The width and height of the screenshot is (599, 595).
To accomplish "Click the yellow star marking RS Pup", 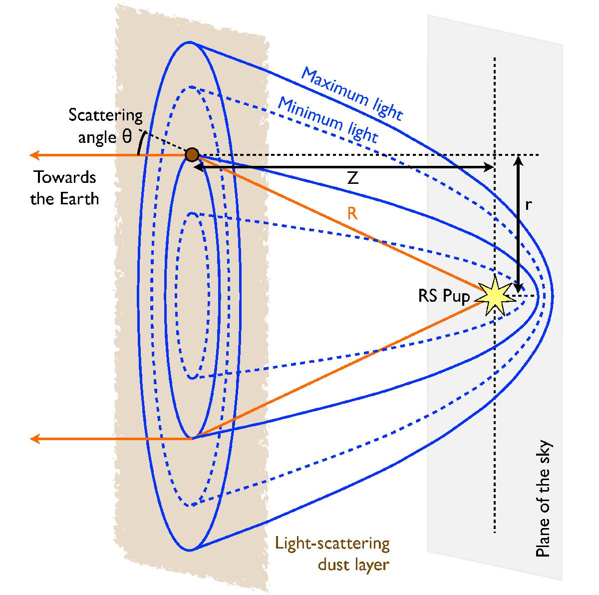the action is pos(494,295).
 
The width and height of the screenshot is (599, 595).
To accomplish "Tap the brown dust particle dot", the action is pos(192,154).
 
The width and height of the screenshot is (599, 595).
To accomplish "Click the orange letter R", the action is pos(352,214).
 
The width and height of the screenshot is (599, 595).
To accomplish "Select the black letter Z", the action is pos(353,178).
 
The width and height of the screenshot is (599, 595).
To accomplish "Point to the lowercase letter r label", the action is pos(528,205).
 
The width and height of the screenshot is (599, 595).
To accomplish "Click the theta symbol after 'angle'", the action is pos(127,136).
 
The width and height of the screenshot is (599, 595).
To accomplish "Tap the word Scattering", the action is pos(105,115).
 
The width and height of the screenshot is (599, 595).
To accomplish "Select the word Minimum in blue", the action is pos(311,113).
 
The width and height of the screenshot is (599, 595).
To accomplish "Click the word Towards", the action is pos(65,177).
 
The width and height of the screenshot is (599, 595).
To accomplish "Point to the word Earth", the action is pos(79,198).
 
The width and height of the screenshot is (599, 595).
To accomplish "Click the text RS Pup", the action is pos(444,296).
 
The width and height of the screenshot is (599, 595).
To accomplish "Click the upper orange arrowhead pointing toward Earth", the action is pos(34,155).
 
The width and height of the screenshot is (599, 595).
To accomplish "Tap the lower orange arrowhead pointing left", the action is pos(35,439).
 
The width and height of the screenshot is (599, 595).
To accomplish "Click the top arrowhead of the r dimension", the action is pos(518,160).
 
